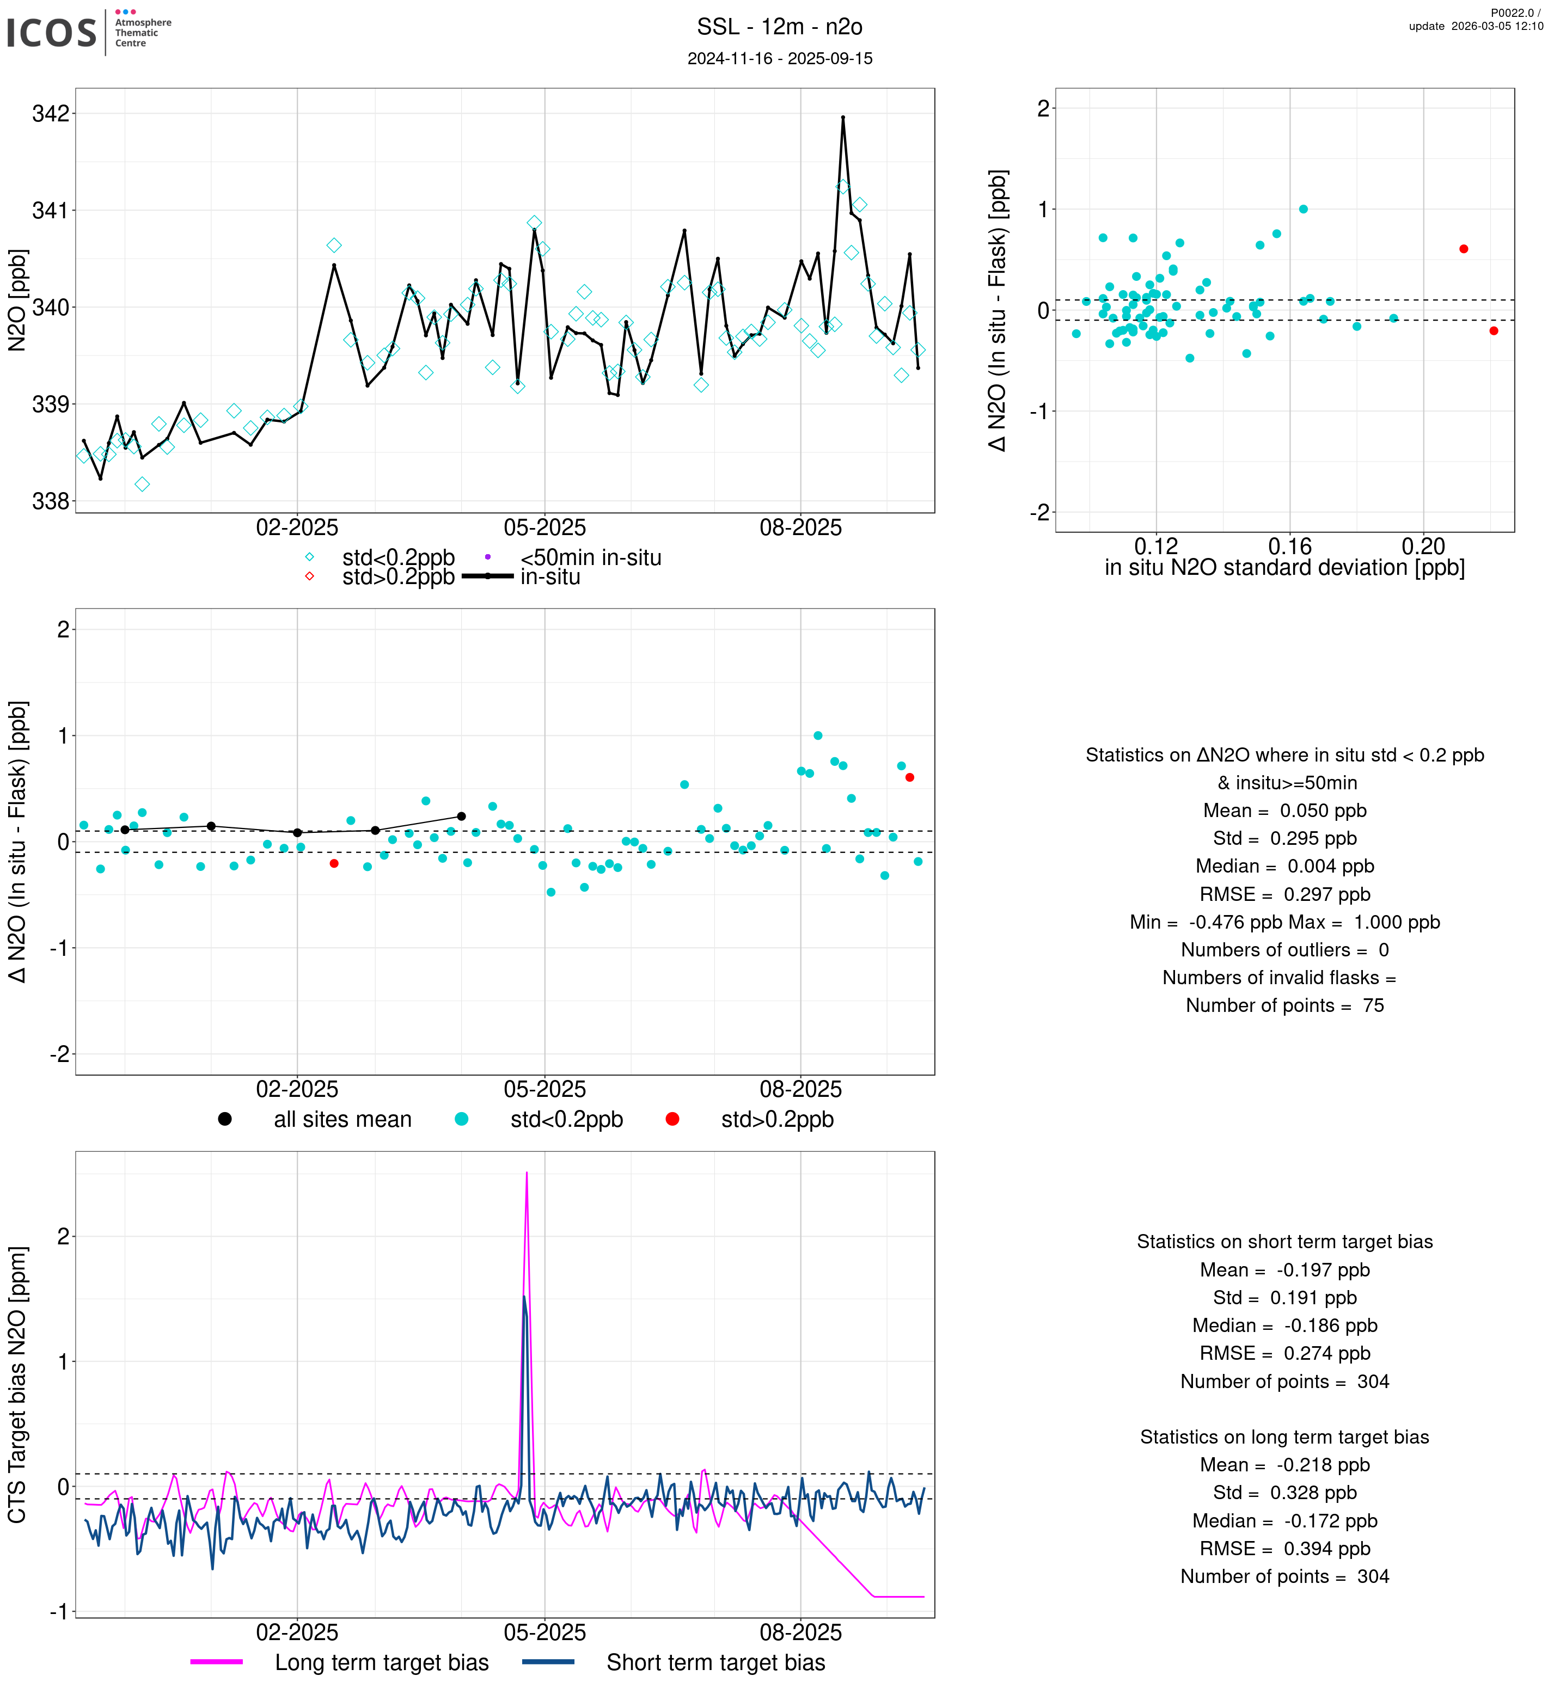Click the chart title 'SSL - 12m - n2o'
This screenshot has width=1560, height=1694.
(x=779, y=27)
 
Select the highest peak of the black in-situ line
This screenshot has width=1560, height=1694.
(x=842, y=118)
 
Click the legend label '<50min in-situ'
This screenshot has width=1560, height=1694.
(x=590, y=558)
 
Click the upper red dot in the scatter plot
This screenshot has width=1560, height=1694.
(x=1464, y=249)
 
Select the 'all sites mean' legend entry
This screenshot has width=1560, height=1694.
(x=342, y=1119)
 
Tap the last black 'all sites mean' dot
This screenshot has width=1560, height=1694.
(x=461, y=816)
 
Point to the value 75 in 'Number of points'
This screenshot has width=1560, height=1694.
(x=1373, y=1005)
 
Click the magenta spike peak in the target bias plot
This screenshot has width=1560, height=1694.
(x=527, y=1173)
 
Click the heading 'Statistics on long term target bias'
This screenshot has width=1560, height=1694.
(x=1284, y=1438)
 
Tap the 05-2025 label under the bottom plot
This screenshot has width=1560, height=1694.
(x=545, y=1632)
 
